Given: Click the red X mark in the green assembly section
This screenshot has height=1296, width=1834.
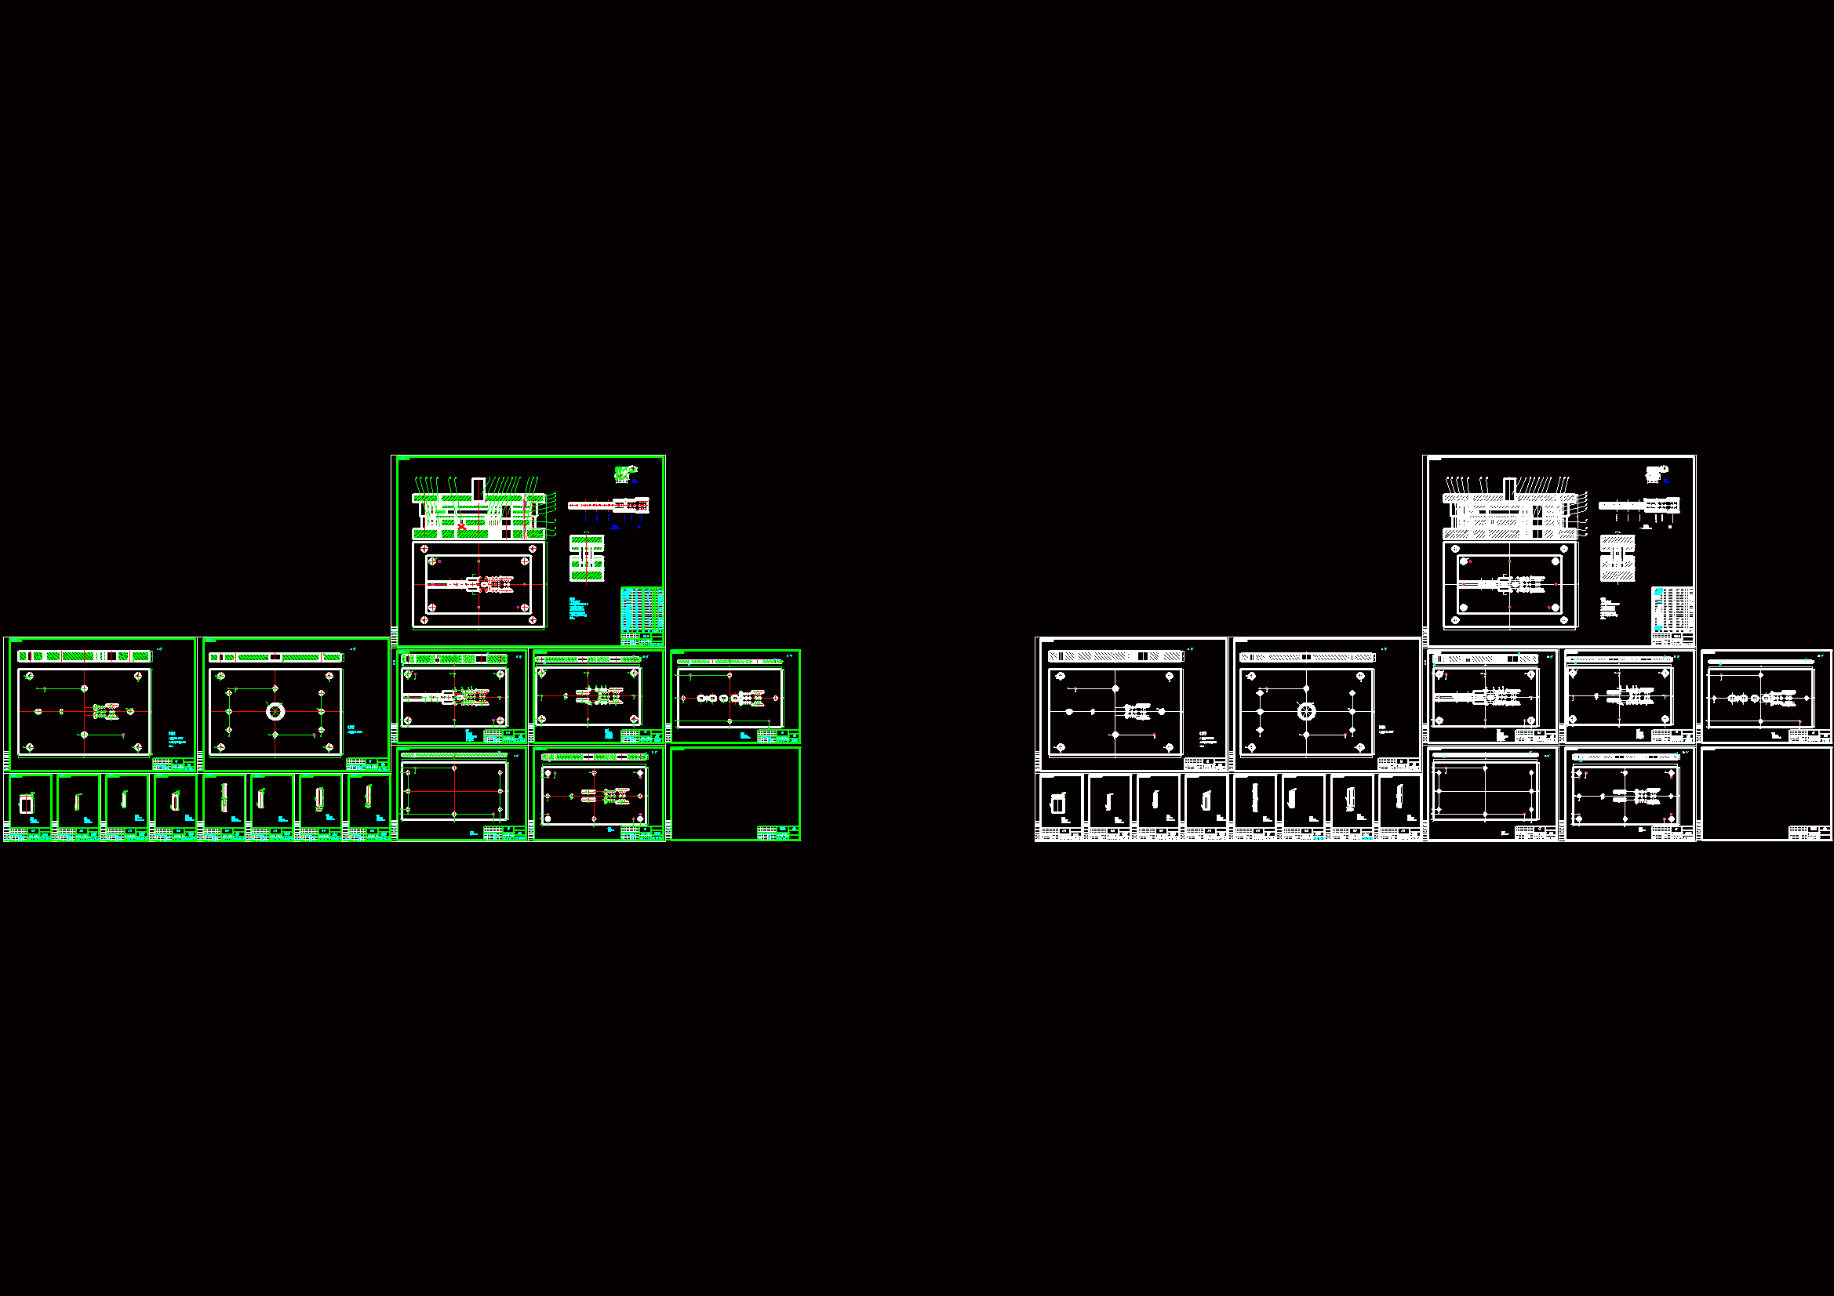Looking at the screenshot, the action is pyautogui.click(x=462, y=525).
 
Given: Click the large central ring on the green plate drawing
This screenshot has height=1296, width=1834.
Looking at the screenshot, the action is pyautogui.click(x=275, y=710).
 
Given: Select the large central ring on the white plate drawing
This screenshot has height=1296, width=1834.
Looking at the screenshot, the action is pyautogui.click(x=1306, y=710).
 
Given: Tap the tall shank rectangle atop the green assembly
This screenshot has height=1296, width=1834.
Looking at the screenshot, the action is pyautogui.click(x=479, y=486).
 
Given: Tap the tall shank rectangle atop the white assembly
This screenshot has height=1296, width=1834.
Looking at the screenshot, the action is pyautogui.click(x=1510, y=486).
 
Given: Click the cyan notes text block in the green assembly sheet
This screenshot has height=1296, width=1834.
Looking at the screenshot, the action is pyautogui.click(x=577, y=608).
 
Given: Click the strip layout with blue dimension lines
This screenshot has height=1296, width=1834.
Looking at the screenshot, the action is pyautogui.click(x=608, y=506).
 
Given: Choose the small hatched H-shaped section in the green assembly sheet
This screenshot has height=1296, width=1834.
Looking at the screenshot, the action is pyautogui.click(x=587, y=558).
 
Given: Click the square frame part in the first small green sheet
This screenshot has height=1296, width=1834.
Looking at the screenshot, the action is pyautogui.click(x=27, y=804).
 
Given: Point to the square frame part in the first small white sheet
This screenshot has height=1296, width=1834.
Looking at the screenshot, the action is pyautogui.click(x=1057, y=804).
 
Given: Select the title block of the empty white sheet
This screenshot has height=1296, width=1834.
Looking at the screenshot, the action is pyautogui.click(x=1808, y=833).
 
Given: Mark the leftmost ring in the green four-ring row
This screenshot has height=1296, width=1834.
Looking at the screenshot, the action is pyautogui.click(x=701, y=698).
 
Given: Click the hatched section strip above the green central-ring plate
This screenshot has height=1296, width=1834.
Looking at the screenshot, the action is pyautogui.click(x=275, y=657).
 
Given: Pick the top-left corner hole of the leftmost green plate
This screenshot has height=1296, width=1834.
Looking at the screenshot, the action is pyautogui.click(x=30, y=677).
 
